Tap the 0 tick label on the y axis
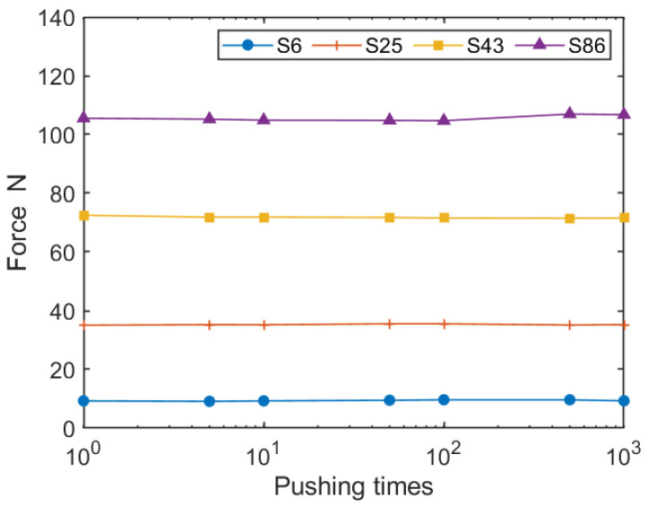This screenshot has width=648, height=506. (x=70, y=428)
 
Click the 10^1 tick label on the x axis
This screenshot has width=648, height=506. (x=264, y=452)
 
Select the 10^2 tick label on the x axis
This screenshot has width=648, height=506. (x=444, y=452)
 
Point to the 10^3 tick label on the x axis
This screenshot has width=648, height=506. (x=624, y=452)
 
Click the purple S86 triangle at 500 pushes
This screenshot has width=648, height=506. (x=570, y=114)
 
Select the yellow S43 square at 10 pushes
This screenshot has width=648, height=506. (x=264, y=218)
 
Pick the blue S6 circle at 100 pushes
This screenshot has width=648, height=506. (x=444, y=399)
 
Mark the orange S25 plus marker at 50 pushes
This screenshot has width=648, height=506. (x=390, y=324)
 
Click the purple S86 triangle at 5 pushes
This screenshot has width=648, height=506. (x=210, y=118)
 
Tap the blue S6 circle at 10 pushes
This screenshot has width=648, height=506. (x=264, y=400)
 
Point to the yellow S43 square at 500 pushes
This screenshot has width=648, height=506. (x=570, y=219)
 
